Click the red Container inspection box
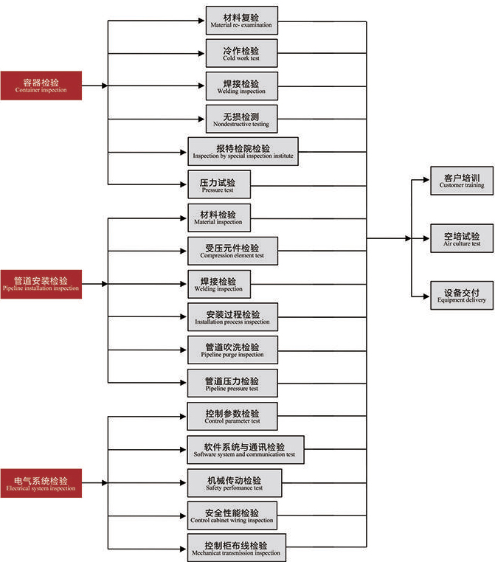[41, 85]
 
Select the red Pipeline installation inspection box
[41, 284]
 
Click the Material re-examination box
[241, 21]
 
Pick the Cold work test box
[241, 54]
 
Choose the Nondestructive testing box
[241, 119]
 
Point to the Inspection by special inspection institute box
[243, 151]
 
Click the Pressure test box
[218, 184]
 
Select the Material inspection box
[218, 217]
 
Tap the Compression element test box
[232, 251]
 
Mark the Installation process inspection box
[232, 317]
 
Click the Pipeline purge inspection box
[232, 350]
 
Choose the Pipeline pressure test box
[232, 384]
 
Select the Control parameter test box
[232, 417]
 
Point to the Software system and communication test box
[245, 450]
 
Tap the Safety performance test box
[234, 483]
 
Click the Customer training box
[462, 181]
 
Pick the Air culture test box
[462, 238]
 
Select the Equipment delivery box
[462, 295]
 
